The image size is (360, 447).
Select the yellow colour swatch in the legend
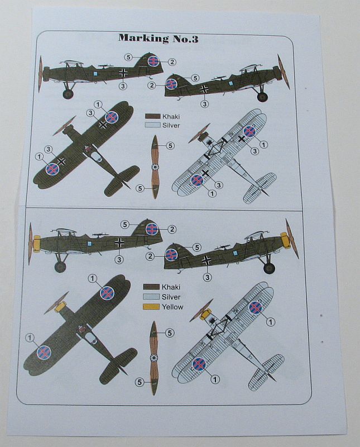point(151,307)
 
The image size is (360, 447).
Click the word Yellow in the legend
point(172,307)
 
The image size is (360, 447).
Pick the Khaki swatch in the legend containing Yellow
point(151,287)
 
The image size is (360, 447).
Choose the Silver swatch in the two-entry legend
point(152,125)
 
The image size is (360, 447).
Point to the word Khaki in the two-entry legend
point(171,116)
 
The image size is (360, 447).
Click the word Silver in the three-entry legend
point(171,297)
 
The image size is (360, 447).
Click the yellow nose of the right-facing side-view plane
point(285,240)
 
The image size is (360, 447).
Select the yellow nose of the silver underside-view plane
point(205,315)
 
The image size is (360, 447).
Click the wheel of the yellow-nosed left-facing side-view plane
point(60,267)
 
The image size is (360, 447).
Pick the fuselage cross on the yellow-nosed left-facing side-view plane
point(119,243)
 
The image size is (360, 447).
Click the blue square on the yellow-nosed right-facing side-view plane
point(235,253)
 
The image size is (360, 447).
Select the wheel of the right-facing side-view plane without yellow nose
point(262,97)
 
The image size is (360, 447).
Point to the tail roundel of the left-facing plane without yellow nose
point(153,61)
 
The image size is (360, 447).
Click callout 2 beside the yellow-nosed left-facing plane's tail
point(172,229)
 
